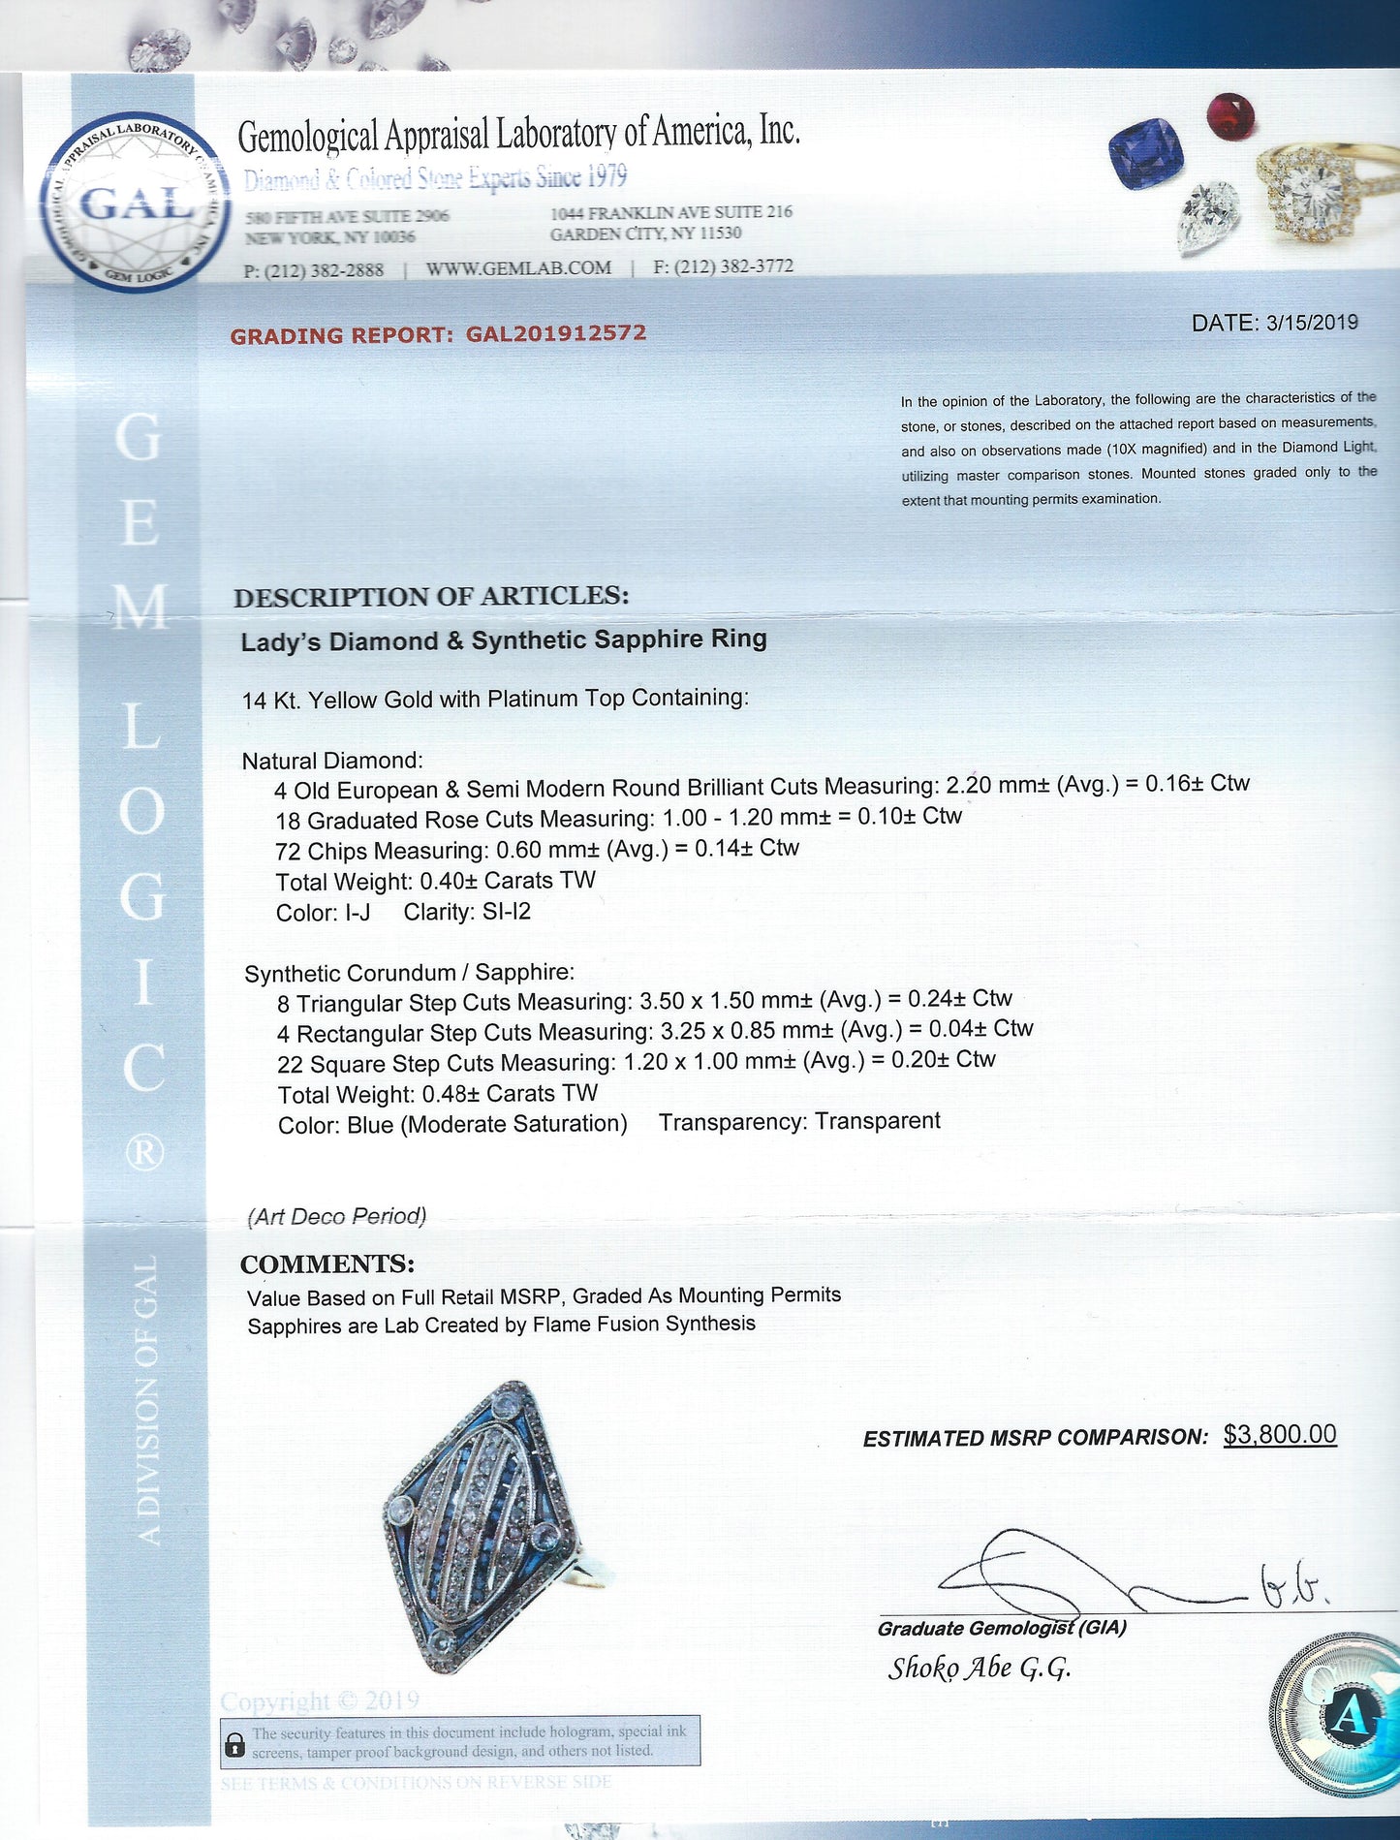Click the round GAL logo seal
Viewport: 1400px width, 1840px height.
coord(133,204)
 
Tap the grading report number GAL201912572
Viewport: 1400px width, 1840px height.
coord(555,333)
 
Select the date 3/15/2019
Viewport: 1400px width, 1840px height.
coord(1312,323)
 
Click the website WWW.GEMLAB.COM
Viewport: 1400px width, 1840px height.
coord(518,268)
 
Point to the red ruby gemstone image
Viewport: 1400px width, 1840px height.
coord(1230,115)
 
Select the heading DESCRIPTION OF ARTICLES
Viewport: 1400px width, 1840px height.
coord(431,596)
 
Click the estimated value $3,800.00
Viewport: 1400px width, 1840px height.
coord(1280,1435)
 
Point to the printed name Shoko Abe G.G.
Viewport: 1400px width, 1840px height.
coord(980,1668)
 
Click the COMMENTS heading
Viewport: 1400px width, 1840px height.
coord(327,1264)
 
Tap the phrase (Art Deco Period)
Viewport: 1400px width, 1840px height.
coord(337,1216)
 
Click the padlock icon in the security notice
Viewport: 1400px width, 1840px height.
coord(234,1745)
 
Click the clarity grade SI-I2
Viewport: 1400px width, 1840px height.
coord(506,912)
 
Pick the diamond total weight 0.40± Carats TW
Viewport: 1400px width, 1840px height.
coord(508,881)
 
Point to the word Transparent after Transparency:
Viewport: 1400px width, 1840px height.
coord(877,1121)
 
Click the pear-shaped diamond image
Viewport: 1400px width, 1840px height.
coord(1208,217)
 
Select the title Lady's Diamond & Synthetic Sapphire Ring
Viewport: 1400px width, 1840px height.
coord(504,640)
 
